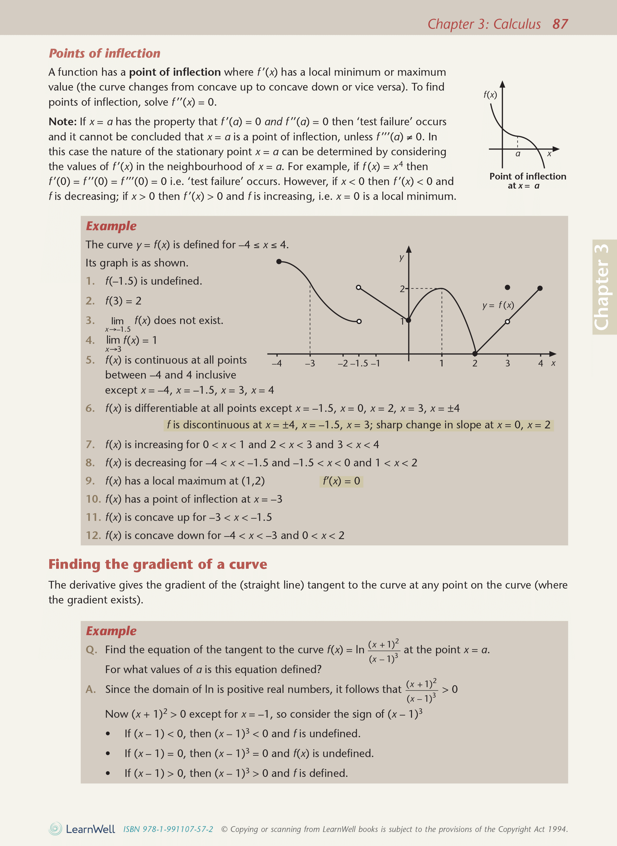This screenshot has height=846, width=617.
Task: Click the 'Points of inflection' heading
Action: pyautogui.click(x=105, y=53)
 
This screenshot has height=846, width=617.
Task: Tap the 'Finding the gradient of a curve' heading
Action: pyautogui.click(x=158, y=564)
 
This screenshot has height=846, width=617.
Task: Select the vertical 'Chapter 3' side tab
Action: pyautogui.click(x=602, y=287)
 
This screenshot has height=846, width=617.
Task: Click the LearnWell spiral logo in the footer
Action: pyautogui.click(x=55, y=829)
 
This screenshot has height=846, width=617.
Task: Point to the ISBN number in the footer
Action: pyautogui.click(x=168, y=829)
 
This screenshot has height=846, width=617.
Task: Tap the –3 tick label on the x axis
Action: pyautogui.click(x=310, y=363)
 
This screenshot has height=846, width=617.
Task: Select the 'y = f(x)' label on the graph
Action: pyautogui.click(x=498, y=305)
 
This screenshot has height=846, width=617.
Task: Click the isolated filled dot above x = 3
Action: pyautogui.click(x=507, y=288)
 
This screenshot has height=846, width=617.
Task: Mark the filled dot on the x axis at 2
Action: pyautogui.click(x=475, y=353)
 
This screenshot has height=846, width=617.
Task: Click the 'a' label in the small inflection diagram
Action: pyautogui.click(x=518, y=154)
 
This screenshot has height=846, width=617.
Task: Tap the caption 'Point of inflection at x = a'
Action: pyautogui.click(x=527, y=181)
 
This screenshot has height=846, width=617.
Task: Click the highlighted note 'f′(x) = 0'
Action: pyautogui.click(x=341, y=481)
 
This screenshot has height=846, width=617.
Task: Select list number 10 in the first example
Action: pyautogui.click(x=93, y=499)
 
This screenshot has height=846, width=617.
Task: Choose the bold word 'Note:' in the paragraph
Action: pyautogui.click(x=62, y=122)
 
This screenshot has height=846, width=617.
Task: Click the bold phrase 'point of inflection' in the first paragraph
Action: pyautogui.click(x=175, y=72)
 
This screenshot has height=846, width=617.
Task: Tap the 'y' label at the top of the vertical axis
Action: pyautogui.click(x=401, y=258)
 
